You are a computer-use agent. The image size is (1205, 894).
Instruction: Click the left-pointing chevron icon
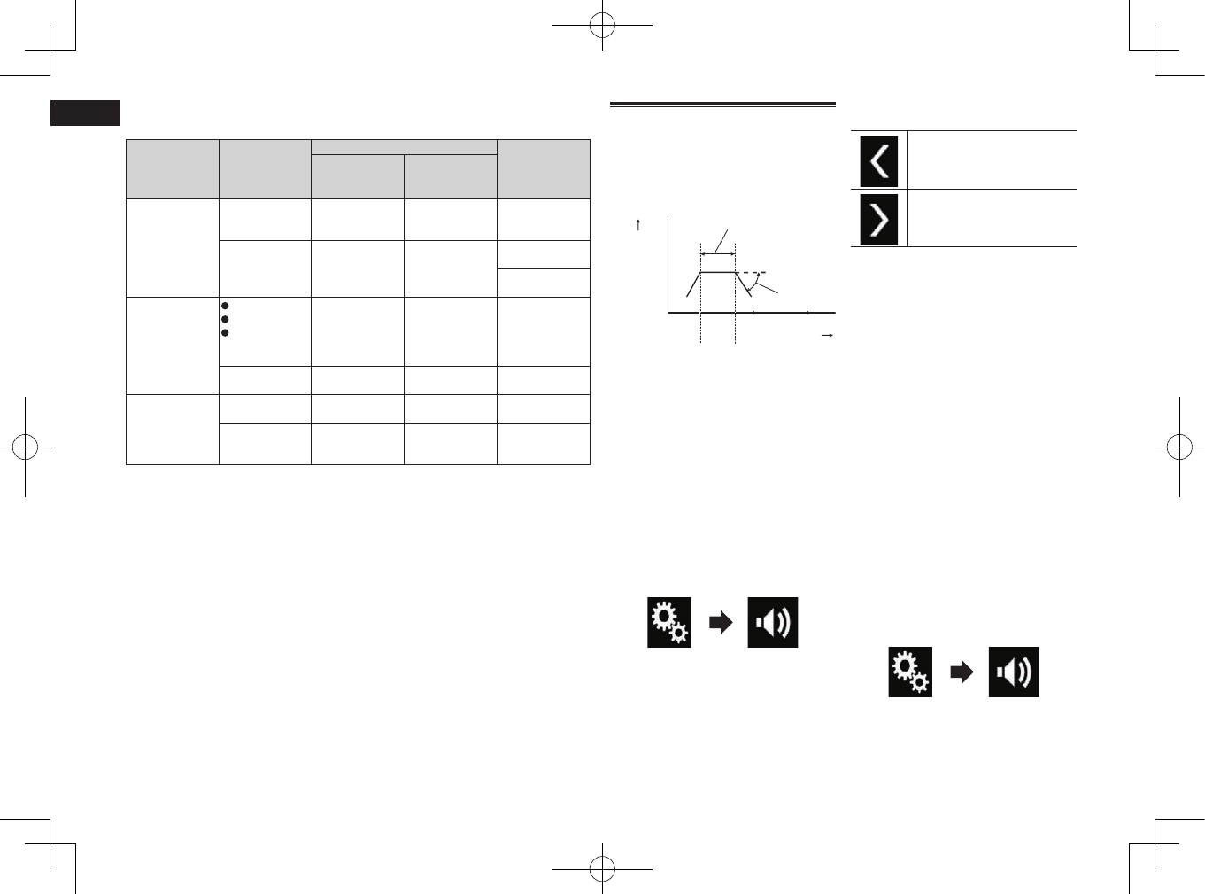[x=879, y=160]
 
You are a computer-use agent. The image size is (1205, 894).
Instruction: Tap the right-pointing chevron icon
[x=879, y=218]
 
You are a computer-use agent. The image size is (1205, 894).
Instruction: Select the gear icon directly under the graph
[x=669, y=622]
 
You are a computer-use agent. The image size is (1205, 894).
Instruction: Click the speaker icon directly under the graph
[x=773, y=622]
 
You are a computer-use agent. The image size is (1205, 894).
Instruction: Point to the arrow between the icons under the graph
[x=722, y=622]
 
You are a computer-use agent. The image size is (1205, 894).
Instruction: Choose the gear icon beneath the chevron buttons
[x=910, y=672]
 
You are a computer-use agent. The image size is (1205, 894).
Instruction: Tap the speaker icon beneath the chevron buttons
[x=1014, y=672]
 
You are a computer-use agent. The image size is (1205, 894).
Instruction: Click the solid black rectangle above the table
[x=85, y=113]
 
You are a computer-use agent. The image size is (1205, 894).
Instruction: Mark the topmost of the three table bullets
[x=226, y=306]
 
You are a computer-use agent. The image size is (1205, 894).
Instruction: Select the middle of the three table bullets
[x=226, y=319]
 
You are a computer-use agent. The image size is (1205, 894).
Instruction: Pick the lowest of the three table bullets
[x=226, y=332]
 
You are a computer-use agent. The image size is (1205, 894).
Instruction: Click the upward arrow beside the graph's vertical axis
[x=638, y=226]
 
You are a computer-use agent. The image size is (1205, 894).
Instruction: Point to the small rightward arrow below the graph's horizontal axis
[x=828, y=336]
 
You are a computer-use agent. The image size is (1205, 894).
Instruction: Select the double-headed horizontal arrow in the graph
[x=717, y=254]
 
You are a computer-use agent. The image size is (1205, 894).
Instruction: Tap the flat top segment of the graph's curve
[x=717, y=272]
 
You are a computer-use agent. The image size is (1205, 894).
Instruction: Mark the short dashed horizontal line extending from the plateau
[x=751, y=272]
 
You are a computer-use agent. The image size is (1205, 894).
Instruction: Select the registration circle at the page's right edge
[x=1179, y=447]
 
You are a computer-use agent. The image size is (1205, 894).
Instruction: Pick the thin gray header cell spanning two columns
[x=404, y=146]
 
